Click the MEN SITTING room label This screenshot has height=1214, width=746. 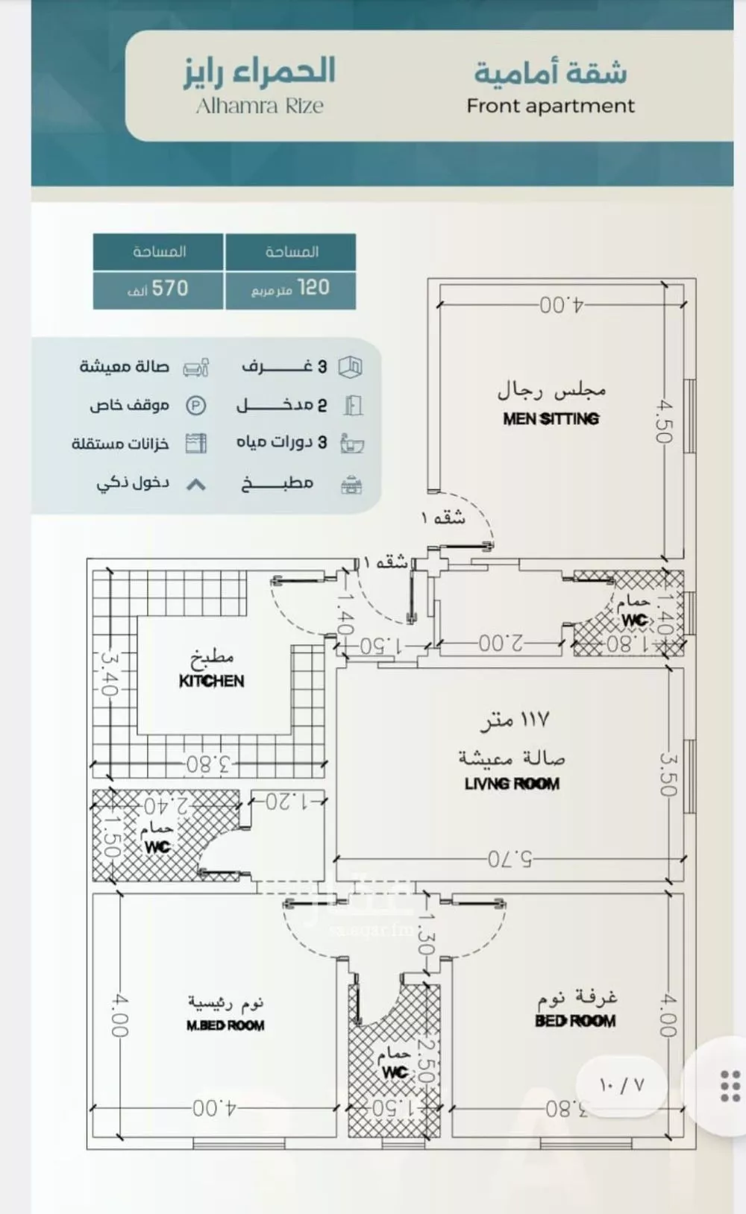(x=551, y=418)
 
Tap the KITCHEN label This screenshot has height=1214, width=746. (x=211, y=680)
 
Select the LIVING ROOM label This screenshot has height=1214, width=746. (x=512, y=783)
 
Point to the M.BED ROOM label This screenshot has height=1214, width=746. (x=225, y=1025)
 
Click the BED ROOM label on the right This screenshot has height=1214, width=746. (x=575, y=1020)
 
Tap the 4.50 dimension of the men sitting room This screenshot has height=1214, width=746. (x=664, y=421)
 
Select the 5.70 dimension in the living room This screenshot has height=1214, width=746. (x=510, y=859)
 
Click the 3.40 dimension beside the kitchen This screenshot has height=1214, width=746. (x=109, y=674)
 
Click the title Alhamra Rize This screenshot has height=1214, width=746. (x=260, y=106)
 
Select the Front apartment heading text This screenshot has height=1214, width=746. (x=551, y=106)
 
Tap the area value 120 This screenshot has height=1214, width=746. (x=313, y=287)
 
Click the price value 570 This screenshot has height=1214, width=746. (x=170, y=288)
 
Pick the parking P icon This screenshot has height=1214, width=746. (x=195, y=406)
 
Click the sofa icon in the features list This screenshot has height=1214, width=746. (x=196, y=367)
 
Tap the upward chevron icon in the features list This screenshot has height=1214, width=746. (x=195, y=485)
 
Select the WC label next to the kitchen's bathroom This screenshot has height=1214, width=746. (x=157, y=847)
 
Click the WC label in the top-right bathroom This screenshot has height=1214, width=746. (x=634, y=620)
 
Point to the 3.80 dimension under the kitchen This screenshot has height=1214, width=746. (x=209, y=764)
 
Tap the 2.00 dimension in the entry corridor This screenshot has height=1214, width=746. (x=501, y=643)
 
